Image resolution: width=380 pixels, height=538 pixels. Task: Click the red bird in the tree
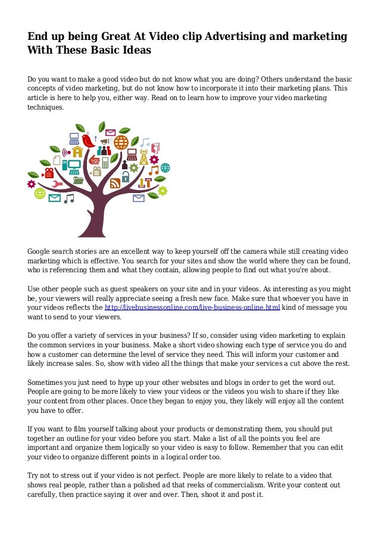89,141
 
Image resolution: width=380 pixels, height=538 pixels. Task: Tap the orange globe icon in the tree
122,142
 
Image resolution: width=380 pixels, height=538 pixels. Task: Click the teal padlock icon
126,177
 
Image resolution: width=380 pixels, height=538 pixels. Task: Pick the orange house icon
77,151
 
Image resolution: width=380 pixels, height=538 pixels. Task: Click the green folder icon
78,179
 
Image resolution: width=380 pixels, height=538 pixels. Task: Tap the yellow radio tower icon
144,158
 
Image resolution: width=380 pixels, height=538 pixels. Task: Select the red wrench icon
57,184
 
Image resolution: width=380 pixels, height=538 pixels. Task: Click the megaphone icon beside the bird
104,141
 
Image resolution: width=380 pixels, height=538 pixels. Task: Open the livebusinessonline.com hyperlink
192,307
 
